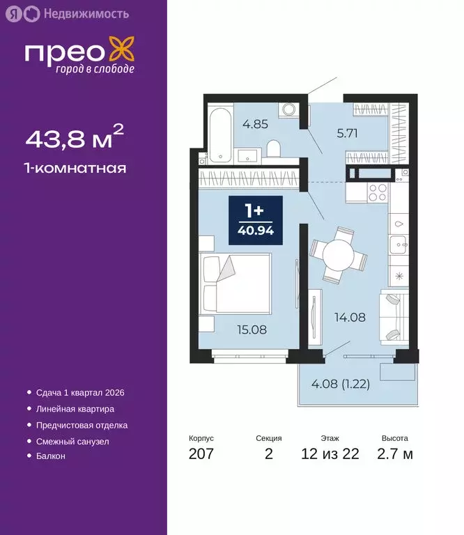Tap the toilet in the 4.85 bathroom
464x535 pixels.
coord(273,148)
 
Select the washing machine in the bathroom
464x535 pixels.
coord(287,111)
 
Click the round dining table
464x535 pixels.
coord(337,254)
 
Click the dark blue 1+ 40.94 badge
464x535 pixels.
coord(256,220)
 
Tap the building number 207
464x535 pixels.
coord(201,454)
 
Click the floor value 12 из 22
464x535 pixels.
coord(330,454)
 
